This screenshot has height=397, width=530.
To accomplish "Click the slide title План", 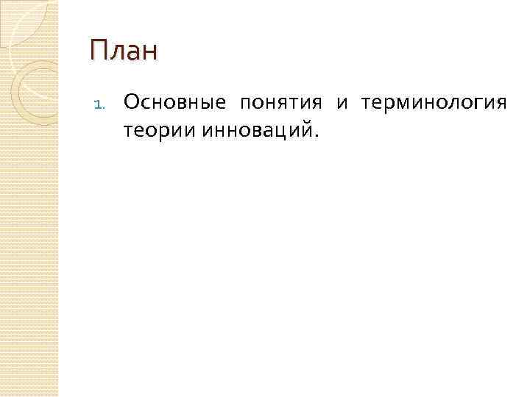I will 124,51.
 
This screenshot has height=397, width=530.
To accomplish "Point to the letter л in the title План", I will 116,54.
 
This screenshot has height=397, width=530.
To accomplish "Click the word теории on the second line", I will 155,130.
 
